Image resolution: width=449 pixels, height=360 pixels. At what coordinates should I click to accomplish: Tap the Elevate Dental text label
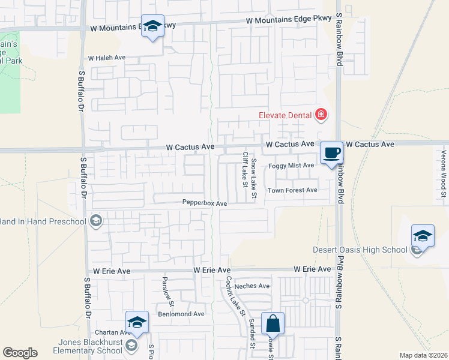(285, 115)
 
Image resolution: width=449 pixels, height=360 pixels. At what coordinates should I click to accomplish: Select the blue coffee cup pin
(331, 154)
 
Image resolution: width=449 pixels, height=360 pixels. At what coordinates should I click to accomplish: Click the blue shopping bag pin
(273, 324)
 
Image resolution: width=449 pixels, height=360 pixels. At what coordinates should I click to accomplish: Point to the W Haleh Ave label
(106, 58)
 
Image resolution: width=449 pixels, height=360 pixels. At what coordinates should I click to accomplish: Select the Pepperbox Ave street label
(205, 203)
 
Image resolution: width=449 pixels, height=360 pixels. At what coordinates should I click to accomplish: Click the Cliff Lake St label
(245, 169)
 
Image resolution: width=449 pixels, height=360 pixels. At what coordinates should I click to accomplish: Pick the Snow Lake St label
(254, 178)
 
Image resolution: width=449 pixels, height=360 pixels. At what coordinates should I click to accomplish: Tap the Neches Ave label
(252, 286)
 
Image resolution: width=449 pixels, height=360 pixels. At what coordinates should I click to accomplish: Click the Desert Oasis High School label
(360, 250)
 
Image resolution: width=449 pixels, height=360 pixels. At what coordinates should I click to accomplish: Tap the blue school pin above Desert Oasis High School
(423, 236)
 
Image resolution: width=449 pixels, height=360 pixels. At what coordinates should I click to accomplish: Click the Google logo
(20, 353)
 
